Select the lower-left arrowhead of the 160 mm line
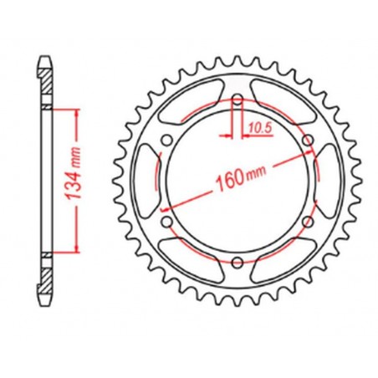(x=166, y=207)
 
